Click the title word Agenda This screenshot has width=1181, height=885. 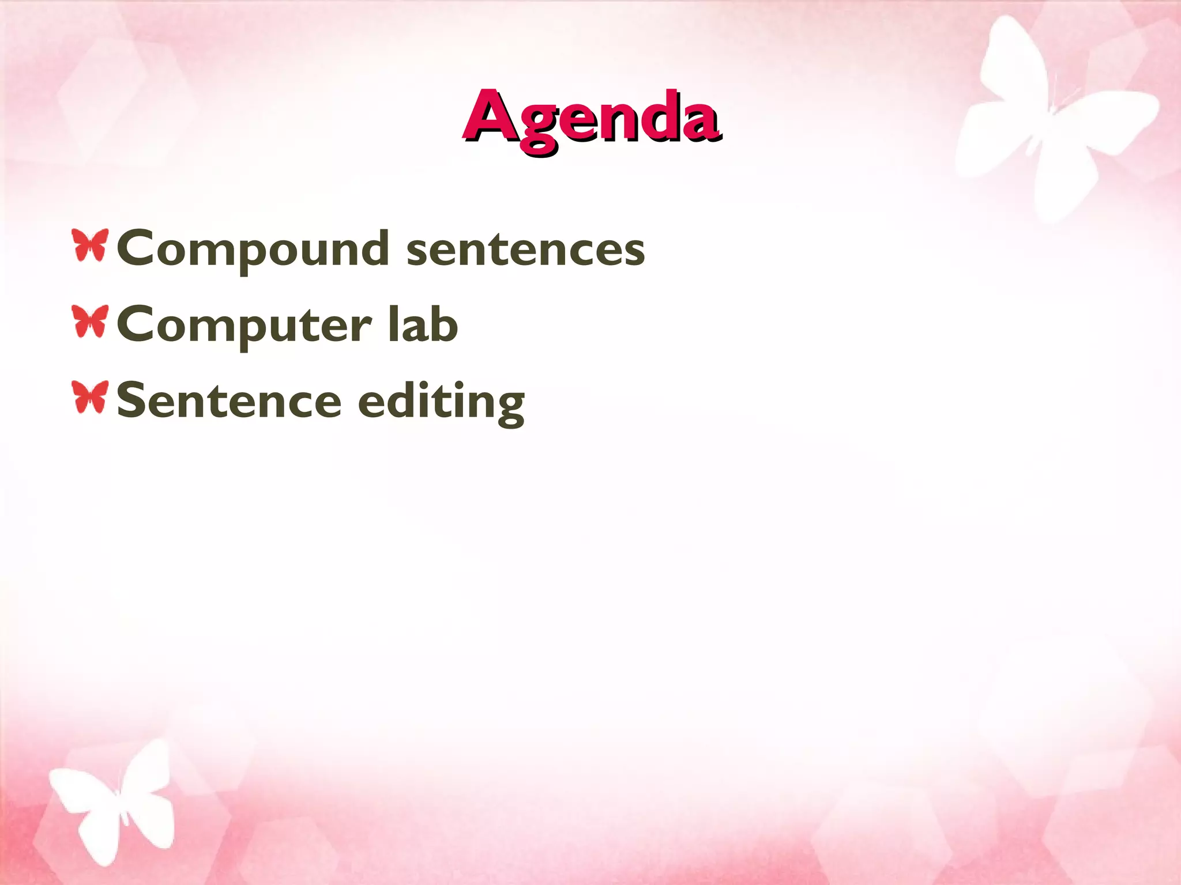pyautogui.click(x=591, y=118)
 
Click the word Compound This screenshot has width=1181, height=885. pyautogui.click(x=253, y=249)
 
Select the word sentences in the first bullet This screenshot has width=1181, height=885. pyautogui.click(x=525, y=249)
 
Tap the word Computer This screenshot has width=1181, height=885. pyautogui.click(x=244, y=325)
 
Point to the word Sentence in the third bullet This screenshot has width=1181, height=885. pyautogui.click(x=229, y=400)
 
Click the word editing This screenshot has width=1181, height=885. pyautogui.click(x=441, y=402)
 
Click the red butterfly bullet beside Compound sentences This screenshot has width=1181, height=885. pyautogui.click(x=90, y=245)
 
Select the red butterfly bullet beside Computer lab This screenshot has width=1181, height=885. pyautogui.click(x=90, y=322)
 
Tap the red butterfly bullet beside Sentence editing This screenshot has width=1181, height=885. pyautogui.click(x=90, y=397)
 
